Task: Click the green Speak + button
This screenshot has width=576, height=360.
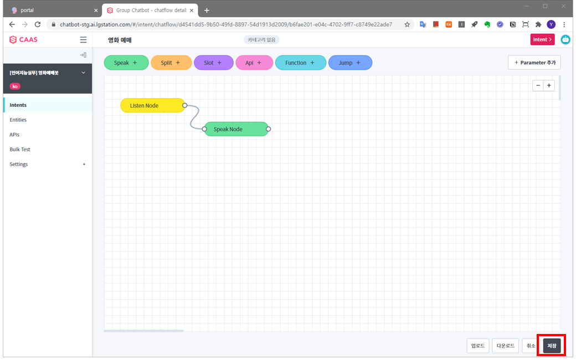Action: pyautogui.click(x=126, y=63)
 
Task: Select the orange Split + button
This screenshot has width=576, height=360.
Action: pyautogui.click(x=171, y=63)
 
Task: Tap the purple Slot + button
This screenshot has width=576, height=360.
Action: pyautogui.click(x=213, y=63)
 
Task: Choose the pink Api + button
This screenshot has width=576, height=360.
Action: pyautogui.click(x=254, y=63)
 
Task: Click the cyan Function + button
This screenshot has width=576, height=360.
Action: pyautogui.click(x=301, y=63)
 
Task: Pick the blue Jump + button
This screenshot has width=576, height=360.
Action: pyautogui.click(x=350, y=63)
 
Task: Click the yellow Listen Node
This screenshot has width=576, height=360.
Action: pyautogui.click(x=152, y=105)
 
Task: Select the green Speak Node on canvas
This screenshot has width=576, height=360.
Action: pyautogui.click(x=236, y=129)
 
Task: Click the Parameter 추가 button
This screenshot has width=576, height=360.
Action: pyautogui.click(x=534, y=63)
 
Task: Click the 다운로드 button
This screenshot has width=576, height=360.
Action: pyautogui.click(x=506, y=346)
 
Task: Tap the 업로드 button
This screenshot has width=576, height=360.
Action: pyautogui.click(x=478, y=346)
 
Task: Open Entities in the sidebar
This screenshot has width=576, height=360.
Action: pyautogui.click(x=18, y=120)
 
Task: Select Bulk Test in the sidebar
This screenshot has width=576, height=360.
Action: pyautogui.click(x=20, y=149)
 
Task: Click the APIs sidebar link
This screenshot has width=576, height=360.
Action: pyautogui.click(x=14, y=135)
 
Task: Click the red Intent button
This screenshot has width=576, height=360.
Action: pyautogui.click(x=542, y=39)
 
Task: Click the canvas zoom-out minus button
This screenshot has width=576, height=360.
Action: pyautogui.click(x=538, y=86)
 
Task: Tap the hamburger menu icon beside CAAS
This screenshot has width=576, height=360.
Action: pyautogui.click(x=84, y=40)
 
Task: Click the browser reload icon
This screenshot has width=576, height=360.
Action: pyautogui.click(x=38, y=24)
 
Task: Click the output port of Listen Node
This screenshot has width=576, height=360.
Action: pyautogui.click(x=185, y=105)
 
